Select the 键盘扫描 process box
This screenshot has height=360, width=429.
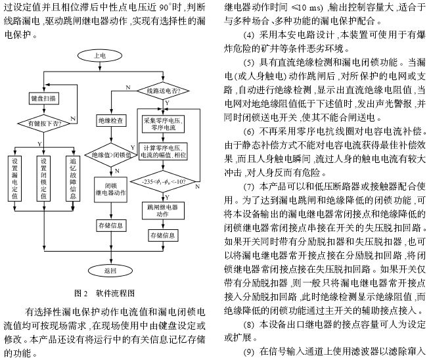pyautogui.click(x=43, y=97)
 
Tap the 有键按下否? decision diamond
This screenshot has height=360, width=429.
pyautogui.click(x=43, y=123)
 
